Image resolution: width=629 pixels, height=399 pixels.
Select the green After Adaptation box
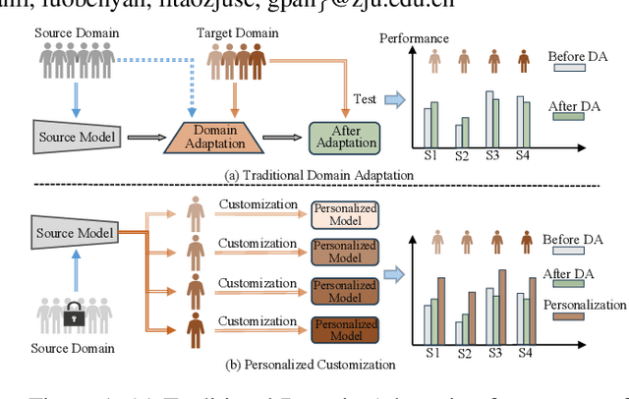click(346, 136)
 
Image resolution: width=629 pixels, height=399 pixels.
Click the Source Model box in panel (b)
click(73, 233)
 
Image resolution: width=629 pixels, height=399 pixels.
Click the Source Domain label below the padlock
click(73, 347)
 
